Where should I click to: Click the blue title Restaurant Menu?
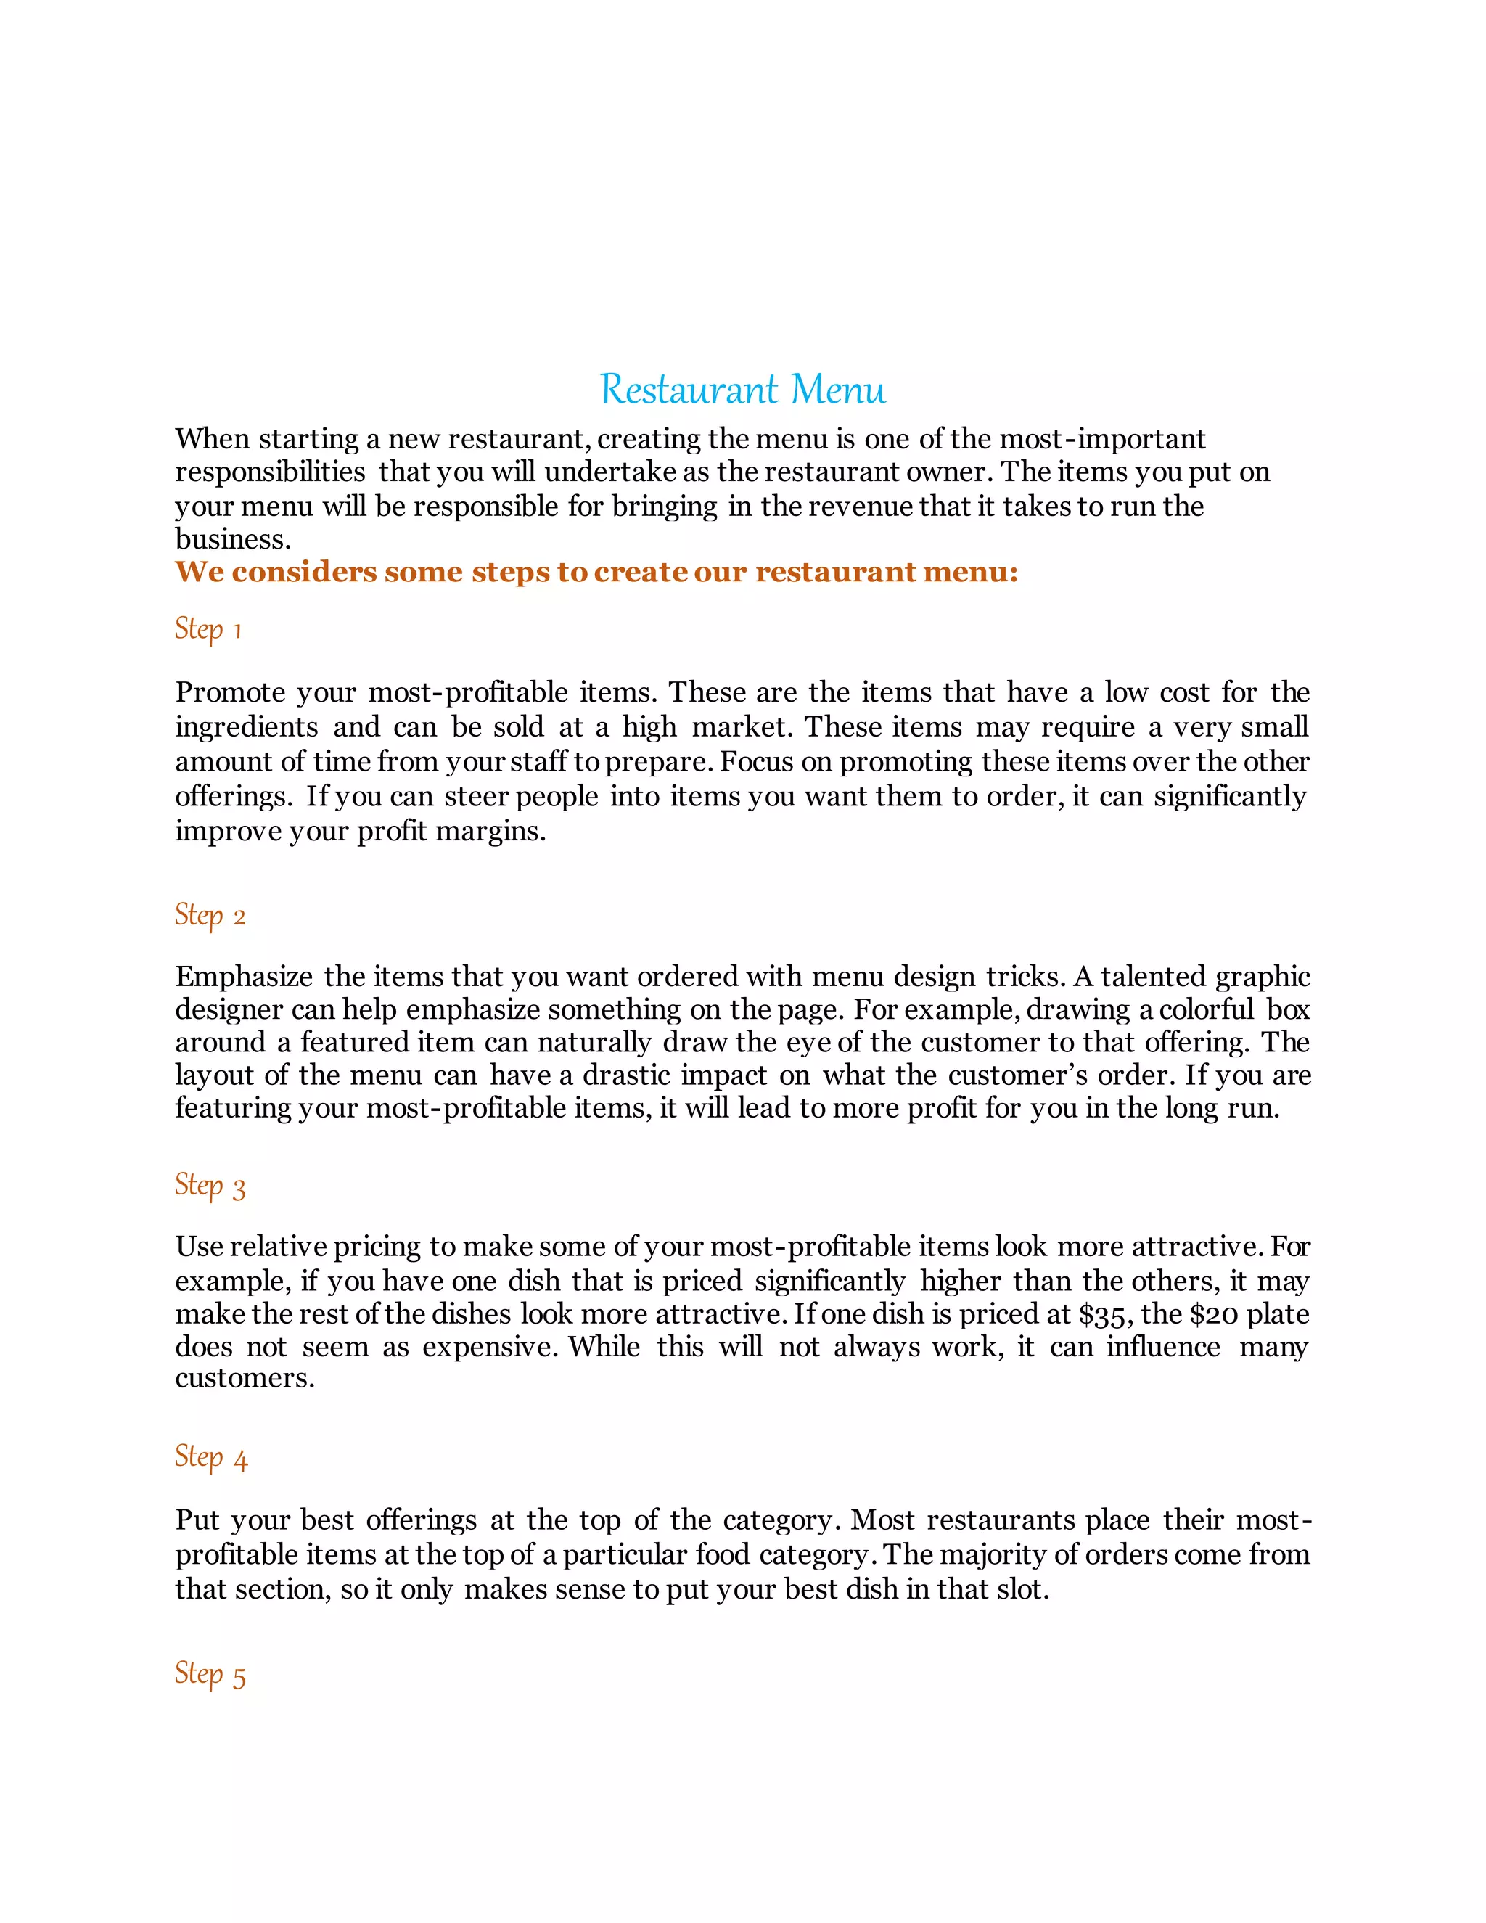pyautogui.click(x=742, y=389)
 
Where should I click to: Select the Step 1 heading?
pyautogui.click(x=208, y=630)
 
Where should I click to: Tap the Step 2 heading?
pyautogui.click(x=210, y=916)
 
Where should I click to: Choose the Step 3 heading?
pyautogui.click(x=210, y=1186)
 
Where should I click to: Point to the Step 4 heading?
pyautogui.click(x=210, y=1457)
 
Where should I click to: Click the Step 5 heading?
pyautogui.click(x=210, y=1674)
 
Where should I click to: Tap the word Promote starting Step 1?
pyautogui.click(x=230, y=692)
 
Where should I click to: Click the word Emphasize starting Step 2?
pyautogui.click(x=244, y=977)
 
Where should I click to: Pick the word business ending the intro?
pyautogui.click(x=231, y=539)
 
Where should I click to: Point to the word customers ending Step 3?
pyautogui.click(x=244, y=1378)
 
